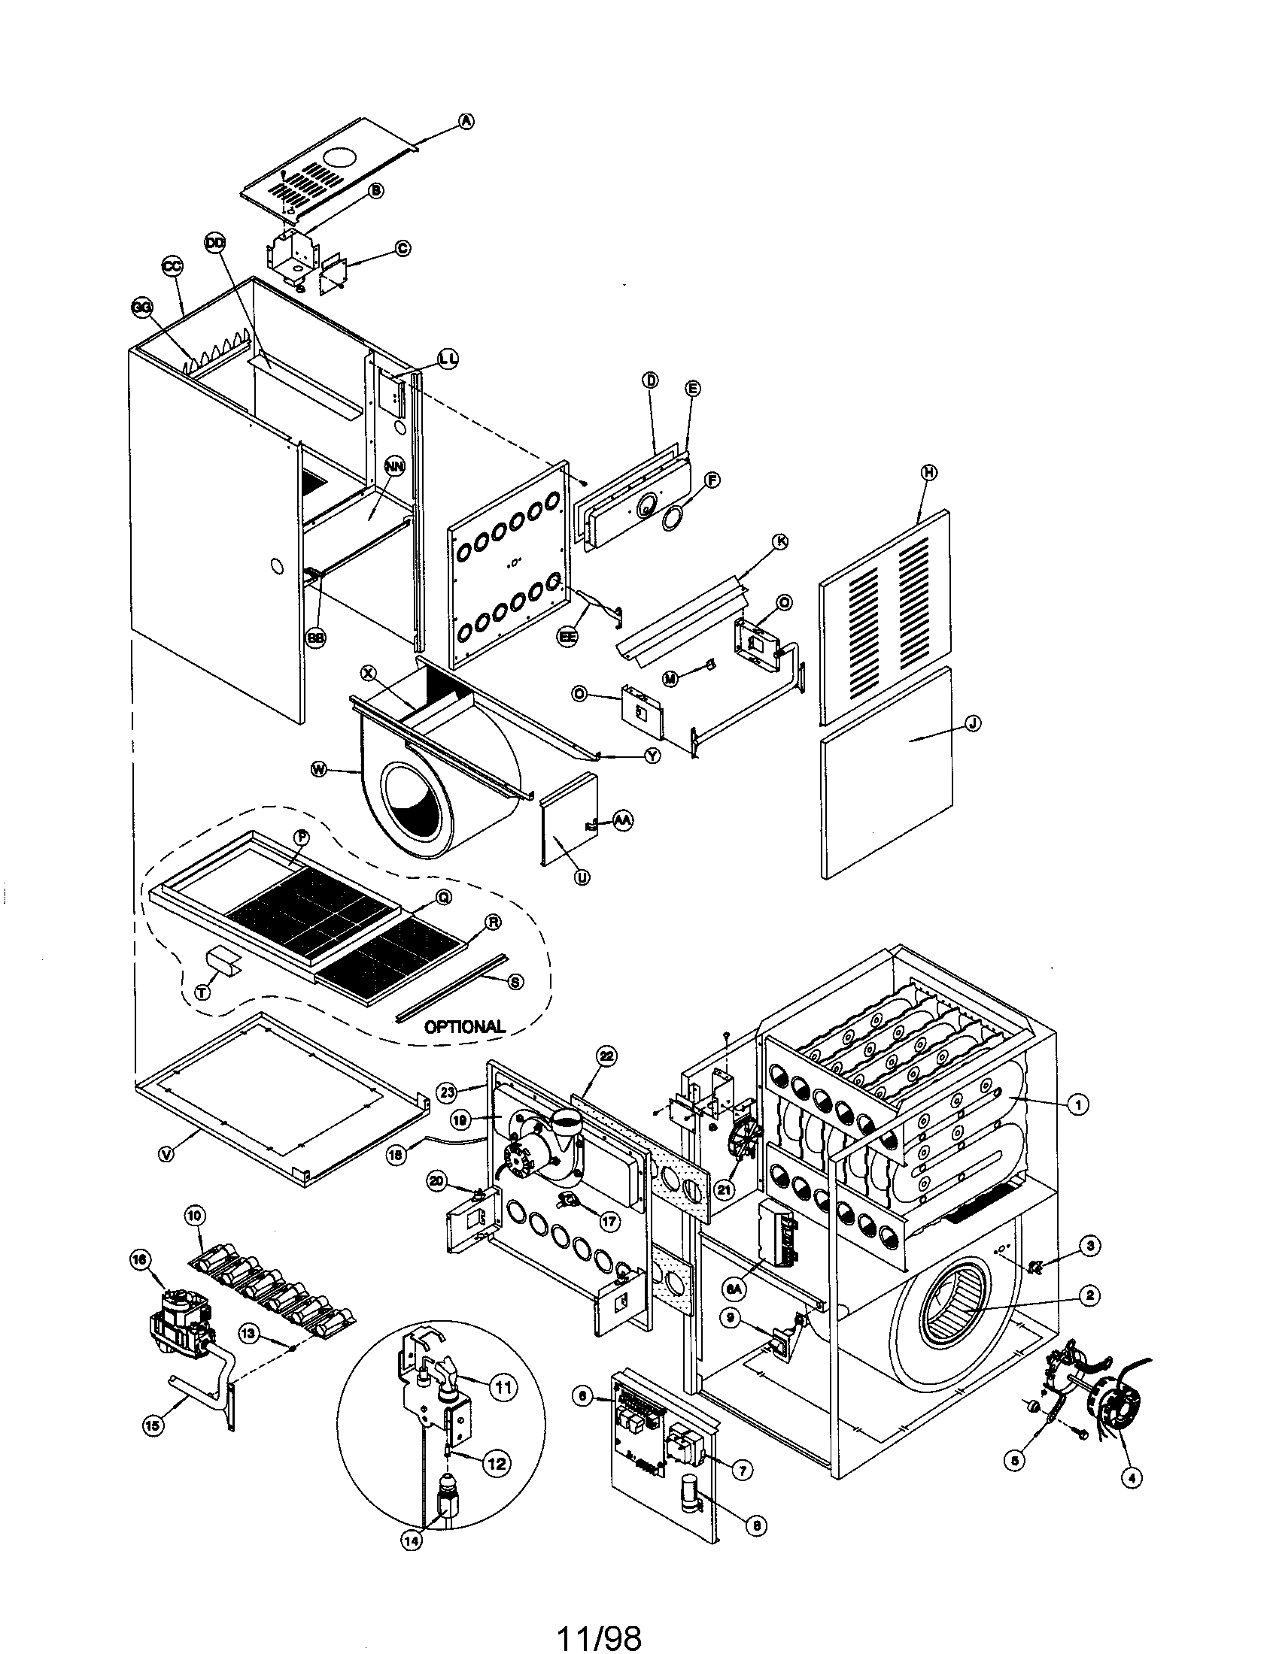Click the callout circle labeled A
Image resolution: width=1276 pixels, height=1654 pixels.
[x=466, y=120]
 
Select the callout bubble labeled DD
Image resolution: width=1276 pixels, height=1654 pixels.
[x=215, y=242]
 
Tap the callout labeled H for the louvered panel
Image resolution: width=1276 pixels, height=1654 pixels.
[x=928, y=472]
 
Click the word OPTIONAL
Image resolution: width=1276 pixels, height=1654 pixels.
[x=464, y=1027]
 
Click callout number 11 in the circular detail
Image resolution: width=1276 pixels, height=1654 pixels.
[x=502, y=1387]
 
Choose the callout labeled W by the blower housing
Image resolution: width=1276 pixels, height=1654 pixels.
[x=320, y=770]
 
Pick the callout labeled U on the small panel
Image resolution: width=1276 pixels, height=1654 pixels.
[x=582, y=877]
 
